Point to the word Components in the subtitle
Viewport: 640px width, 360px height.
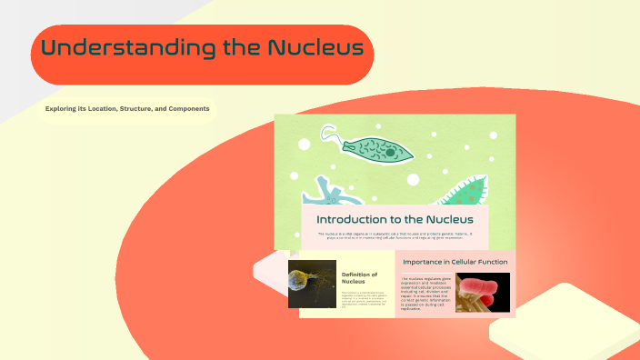(x=187, y=109)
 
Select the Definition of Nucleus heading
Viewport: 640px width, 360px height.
(x=359, y=277)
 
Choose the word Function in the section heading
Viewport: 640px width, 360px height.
(x=492, y=262)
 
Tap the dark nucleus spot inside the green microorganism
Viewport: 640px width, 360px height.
(x=390, y=152)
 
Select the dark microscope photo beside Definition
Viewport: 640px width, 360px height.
(x=312, y=285)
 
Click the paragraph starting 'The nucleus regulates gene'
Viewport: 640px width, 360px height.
(x=425, y=293)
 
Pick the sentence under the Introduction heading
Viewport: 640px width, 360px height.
(x=395, y=235)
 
